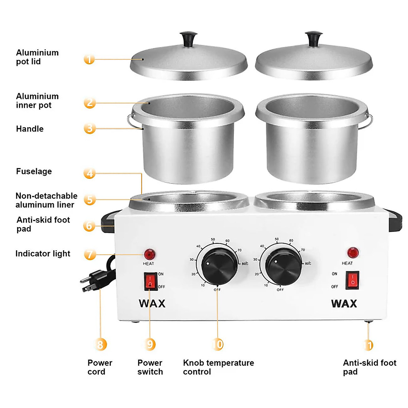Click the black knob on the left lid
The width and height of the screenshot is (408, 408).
point(188,39)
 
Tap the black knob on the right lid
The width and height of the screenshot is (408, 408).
point(313,39)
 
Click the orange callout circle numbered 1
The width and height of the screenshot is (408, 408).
point(89,59)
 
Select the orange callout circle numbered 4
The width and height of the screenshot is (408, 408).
point(89,173)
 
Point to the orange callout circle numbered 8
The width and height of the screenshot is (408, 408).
point(100,344)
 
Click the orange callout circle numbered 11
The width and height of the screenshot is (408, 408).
point(369,345)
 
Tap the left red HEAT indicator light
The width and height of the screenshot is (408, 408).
point(150,254)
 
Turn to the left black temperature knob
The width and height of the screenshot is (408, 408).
point(219,266)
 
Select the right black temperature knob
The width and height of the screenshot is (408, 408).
point(283,266)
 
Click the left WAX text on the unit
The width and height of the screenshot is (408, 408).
point(152,303)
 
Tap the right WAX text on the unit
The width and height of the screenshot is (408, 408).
point(344,303)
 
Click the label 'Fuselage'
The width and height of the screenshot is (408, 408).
point(34,171)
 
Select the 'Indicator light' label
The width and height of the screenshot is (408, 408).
point(43,254)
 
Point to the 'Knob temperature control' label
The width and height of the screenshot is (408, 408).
point(218,367)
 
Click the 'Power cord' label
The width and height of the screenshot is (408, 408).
point(100,367)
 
